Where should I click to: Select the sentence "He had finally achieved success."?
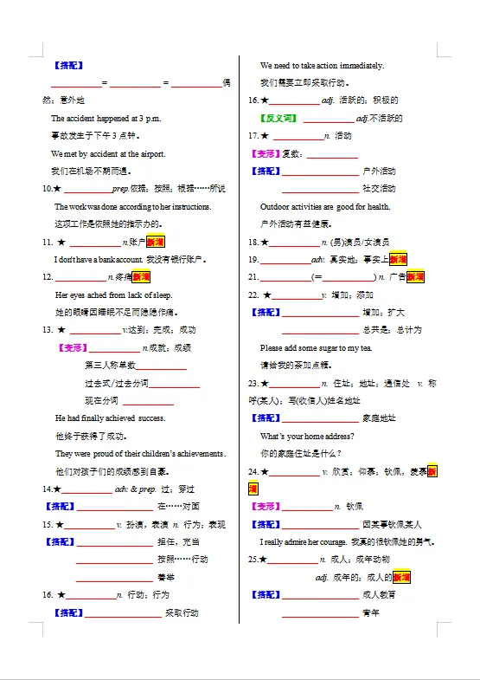pyautogui.click(x=110, y=418)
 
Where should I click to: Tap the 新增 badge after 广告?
pyautogui.click(x=416, y=277)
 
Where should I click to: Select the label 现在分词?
pyautogui.click(x=102, y=400)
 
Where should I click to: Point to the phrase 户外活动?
pyautogui.click(x=379, y=172)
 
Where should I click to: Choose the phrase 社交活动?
pyautogui.click(x=379, y=189)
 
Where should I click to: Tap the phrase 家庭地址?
pyautogui.click(x=379, y=418)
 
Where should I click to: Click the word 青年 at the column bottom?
pyautogui.click(x=371, y=612)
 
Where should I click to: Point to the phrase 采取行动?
pyautogui.click(x=182, y=613)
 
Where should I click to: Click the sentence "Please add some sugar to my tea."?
pyautogui.click(x=316, y=347)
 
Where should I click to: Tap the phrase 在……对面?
pyautogui.click(x=178, y=507)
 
